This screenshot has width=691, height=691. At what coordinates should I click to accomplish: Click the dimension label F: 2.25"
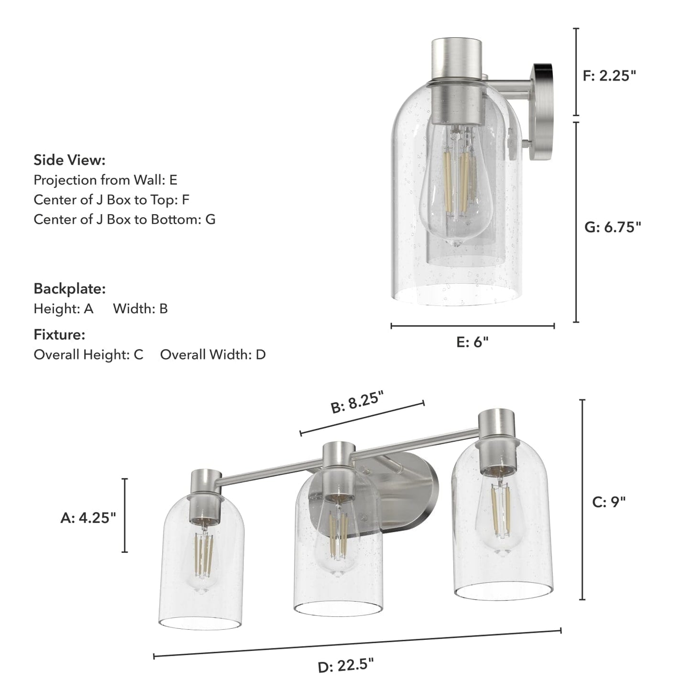[609, 76]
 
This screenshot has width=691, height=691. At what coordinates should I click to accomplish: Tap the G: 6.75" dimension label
[612, 227]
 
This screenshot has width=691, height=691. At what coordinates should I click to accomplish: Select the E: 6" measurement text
[472, 342]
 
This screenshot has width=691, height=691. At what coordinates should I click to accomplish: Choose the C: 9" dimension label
[609, 502]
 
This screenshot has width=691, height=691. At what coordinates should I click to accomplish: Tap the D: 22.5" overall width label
[346, 665]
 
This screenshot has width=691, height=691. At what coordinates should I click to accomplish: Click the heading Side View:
[69, 160]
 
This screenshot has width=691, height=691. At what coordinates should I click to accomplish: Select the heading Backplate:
[69, 289]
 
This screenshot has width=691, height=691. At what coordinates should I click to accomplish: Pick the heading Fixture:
[59, 335]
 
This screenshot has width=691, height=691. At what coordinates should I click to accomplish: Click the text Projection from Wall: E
[105, 180]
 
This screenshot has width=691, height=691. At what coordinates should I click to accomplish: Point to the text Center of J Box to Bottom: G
[124, 219]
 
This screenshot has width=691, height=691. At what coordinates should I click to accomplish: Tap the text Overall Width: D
[213, 355]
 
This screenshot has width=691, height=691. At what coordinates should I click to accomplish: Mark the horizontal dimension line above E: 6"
[472, 326]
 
